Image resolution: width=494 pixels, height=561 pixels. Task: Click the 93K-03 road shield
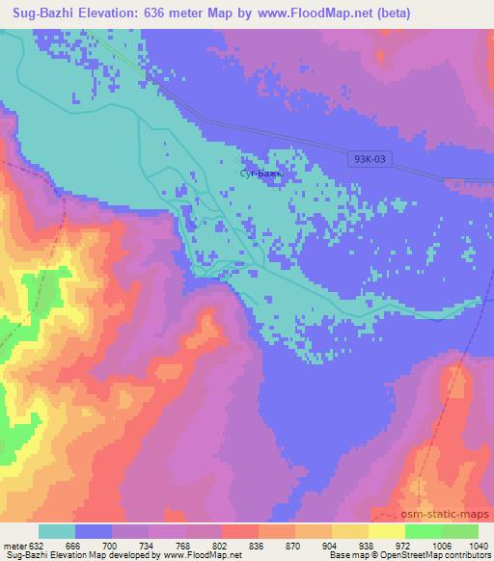[368, 162]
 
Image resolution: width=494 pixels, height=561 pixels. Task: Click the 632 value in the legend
[35, 545]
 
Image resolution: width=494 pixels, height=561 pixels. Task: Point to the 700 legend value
[112, 545]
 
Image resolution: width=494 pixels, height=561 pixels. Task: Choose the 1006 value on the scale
[441, 545]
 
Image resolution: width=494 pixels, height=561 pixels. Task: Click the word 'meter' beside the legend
[14, 545]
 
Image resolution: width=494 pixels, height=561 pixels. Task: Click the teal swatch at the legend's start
[57, 531]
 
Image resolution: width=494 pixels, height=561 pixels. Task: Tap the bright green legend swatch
[423, 531]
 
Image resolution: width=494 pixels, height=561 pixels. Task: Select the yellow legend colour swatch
[349, 531]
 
